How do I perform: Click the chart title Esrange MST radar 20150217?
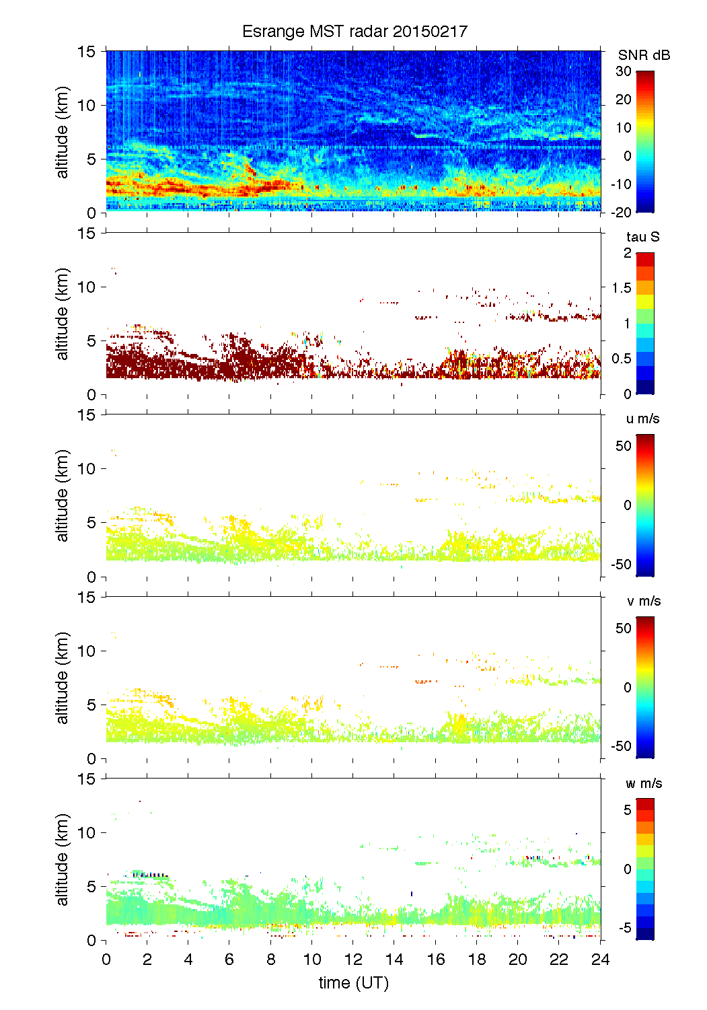click(355, 32)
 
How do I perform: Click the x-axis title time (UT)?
click(354, 983)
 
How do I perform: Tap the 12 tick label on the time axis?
click(353, 960)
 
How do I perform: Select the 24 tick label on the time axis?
click(600, 960)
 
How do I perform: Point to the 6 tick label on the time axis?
click(229, 960)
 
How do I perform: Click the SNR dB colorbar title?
click(644, 55)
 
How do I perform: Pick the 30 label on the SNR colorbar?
click(624, 71)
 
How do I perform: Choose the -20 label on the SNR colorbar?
click(622, 213)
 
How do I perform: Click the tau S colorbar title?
click(642, 237)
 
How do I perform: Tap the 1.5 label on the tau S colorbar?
click(621, 288)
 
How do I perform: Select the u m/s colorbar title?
click(642, 419)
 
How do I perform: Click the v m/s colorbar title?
click(643, 601)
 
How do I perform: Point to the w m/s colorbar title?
click(644, 783)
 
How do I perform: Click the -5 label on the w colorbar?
click(624, 928)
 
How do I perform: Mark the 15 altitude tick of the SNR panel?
click(87, 51)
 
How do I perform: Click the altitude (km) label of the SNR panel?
click(63, 132)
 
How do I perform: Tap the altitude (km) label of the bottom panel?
click(63, 859)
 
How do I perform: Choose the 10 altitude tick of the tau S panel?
click(87, 287)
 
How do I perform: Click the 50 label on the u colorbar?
click(624, 446)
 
